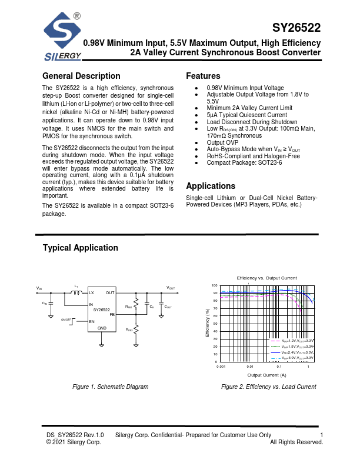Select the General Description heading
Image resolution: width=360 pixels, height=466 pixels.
(81, 76)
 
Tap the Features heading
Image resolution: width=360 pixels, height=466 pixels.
(203, 76)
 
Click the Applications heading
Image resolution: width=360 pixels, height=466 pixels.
(211, 186)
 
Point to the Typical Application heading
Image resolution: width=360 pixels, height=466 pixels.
(80, 248)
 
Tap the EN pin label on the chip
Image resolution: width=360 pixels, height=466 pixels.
(92, 322)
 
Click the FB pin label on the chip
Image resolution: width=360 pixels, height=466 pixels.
(112, 314)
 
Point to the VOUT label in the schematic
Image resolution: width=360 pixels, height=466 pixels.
(170, 288)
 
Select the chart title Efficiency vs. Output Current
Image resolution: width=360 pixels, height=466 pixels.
(266, 278)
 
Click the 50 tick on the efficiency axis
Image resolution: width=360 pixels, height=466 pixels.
(215, 324)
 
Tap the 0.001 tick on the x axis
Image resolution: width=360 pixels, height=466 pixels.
(221, 367)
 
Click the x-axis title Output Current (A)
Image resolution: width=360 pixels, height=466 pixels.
(266, 375)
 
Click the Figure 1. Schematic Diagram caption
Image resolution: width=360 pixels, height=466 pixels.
(110, 387)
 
